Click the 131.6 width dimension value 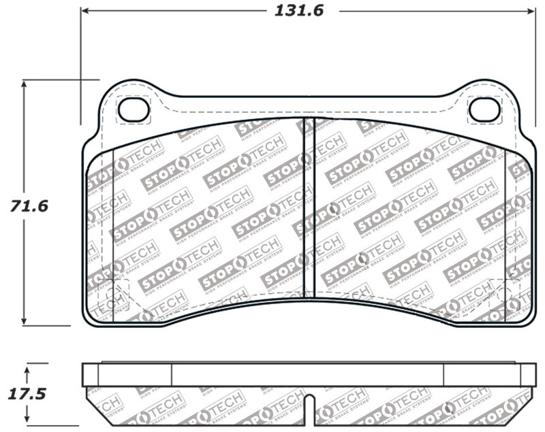(x=298, y=11)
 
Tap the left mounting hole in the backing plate (x=134, y=109)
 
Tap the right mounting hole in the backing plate (x=484, y=109)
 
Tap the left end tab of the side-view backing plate (x=90, y=374)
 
